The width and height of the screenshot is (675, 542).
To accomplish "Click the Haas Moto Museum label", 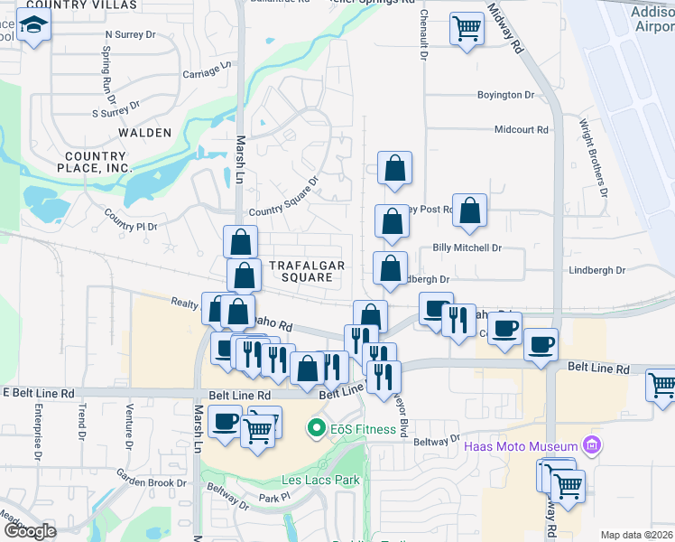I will [x=520, y=447].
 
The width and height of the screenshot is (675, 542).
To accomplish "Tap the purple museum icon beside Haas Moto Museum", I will [x=591, y=444].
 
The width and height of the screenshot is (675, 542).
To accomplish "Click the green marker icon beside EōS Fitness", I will [x=315, y=427].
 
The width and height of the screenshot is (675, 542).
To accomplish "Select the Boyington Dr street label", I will [x=505, y=95].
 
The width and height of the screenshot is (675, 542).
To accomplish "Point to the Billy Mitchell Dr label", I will [x=467, y=248].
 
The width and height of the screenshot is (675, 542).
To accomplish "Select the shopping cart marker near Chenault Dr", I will [x=467, y=29].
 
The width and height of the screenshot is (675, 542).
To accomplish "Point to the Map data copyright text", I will [x=637, y=535].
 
